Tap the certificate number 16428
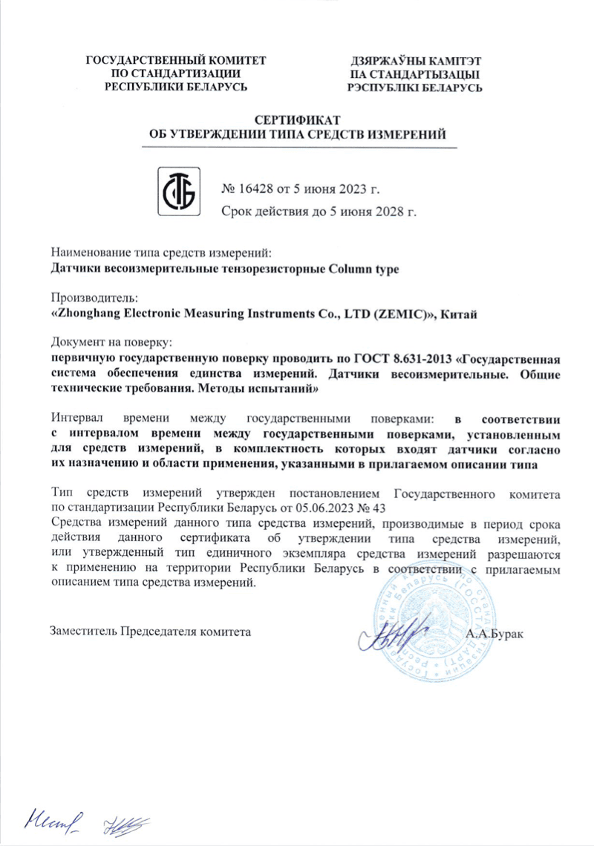tap(258, 188)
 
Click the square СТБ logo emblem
tap(178, 191)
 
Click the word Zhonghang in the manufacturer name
tap(88, 314)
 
